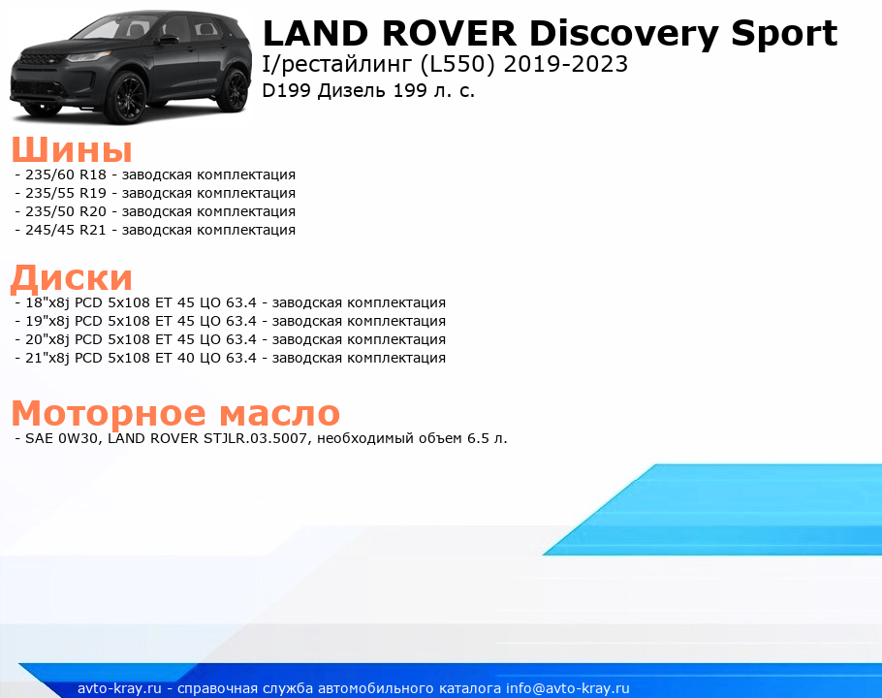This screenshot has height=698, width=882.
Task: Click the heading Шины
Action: [x=72, y=149]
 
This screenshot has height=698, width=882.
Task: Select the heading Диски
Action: [x=72, y=277]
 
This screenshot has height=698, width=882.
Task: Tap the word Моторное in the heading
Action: [x=109, y=414]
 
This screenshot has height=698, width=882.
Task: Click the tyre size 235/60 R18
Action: [x=66, y=174]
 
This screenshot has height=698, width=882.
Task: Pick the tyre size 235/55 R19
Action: [x=66, y=194]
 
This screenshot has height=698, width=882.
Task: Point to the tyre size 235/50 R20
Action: [x=66, y=212]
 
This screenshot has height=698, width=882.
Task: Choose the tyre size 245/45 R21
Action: [x=66, y=231]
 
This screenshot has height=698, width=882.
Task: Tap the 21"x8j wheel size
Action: [x=47, y=359]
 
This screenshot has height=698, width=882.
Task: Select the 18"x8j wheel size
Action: [x=47, y=303]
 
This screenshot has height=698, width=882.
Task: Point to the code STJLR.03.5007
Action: [x=255, y=439]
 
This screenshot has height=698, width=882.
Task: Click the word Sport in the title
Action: [x=784, y=34]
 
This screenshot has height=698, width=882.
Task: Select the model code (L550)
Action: [x=457, y=65]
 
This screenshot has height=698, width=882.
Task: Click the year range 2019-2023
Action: [x=566, y=64]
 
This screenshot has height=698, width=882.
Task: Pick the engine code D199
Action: [x=286, y=90]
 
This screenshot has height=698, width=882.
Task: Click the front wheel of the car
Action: [x=127, y=98]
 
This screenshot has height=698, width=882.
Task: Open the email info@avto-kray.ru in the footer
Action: [x=568, y=689]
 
